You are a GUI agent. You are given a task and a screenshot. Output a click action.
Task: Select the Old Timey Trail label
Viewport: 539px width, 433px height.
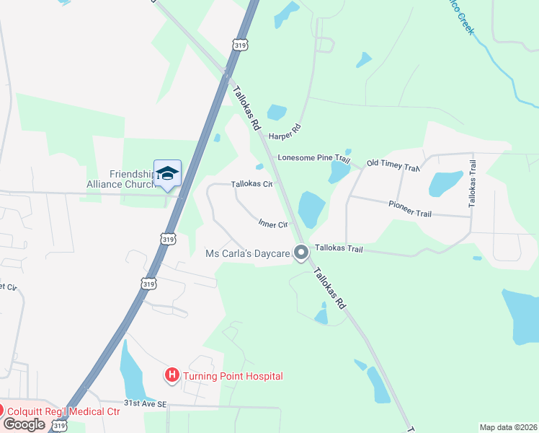(x=393, y=165)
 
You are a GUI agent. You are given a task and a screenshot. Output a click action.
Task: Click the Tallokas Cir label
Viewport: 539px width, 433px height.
(x=251, y=184)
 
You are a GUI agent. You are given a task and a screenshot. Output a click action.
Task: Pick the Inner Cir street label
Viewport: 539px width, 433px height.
(x=273, y=224)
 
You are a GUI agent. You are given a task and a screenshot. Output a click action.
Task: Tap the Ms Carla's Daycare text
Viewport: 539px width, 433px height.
(x=248, y=253)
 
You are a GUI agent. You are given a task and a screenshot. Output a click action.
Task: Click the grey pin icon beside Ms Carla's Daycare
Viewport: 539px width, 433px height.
(x=302, y=253)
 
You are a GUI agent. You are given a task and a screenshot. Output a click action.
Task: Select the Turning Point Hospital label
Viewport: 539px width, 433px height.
(x=233, y=376)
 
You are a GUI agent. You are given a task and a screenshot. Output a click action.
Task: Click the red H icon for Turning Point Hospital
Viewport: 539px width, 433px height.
(x=172, y=375)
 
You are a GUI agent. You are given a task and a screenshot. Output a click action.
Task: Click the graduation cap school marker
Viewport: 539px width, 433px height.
(x=168, y=174)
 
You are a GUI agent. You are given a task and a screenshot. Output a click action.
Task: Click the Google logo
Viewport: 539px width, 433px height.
(x=24, y=424)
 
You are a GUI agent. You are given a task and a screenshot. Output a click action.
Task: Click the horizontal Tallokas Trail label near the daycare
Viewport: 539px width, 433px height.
(x=338, y=248)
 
